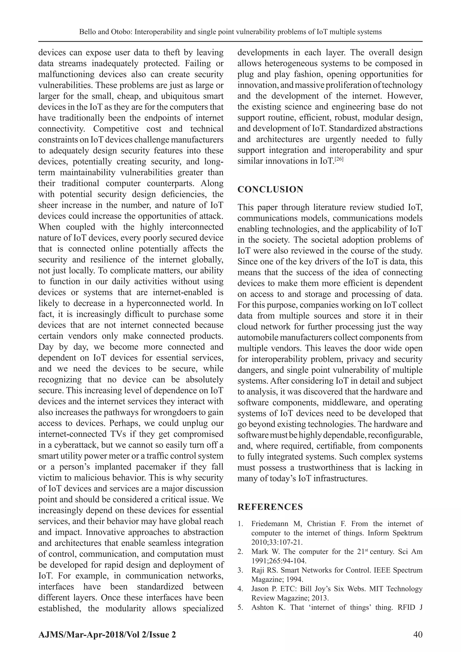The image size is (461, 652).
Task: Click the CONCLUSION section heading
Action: click(x=270, y=189)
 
